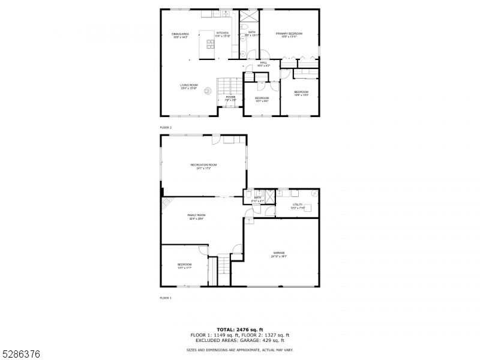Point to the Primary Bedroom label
click(289, 34)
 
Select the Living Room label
click(189, 85)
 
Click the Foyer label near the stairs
click(230, 97)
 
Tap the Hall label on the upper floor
click(263, 62)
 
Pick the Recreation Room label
click(203, 165)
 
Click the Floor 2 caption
click(166, 128)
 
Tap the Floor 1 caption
click(166, 298)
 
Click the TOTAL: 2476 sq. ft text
click(240, 329)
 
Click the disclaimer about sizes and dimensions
click(240, 349)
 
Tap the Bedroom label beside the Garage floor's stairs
click(184, 265)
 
